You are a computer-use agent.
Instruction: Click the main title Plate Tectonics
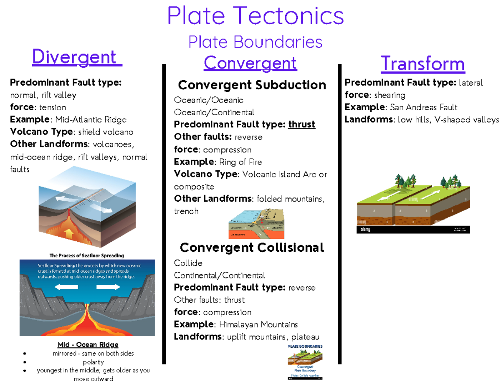click(x=256, y=16)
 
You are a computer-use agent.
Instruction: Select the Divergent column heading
click(x=77, y=57)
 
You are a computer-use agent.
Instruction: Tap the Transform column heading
click(x=423, y=64)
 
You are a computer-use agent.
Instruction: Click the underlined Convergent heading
click(x=250, y=63)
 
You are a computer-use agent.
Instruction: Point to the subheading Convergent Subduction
click(x=252, y=85)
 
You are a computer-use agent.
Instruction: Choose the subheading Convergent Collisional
click(x=252, y=248)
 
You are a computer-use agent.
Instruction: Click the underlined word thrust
click(x=301, y=125)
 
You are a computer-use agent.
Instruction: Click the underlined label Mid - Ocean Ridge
click(x=88, y=345)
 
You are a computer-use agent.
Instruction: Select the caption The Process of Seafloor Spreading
click(x=86, y=255)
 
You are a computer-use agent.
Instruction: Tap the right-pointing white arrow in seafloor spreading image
click(x=108, y=287)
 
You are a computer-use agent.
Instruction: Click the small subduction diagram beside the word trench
click(x=256, y=223)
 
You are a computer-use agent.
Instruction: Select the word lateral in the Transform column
click(x=471, y=83)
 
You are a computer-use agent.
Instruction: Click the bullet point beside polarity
click(x=26, y=362)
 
